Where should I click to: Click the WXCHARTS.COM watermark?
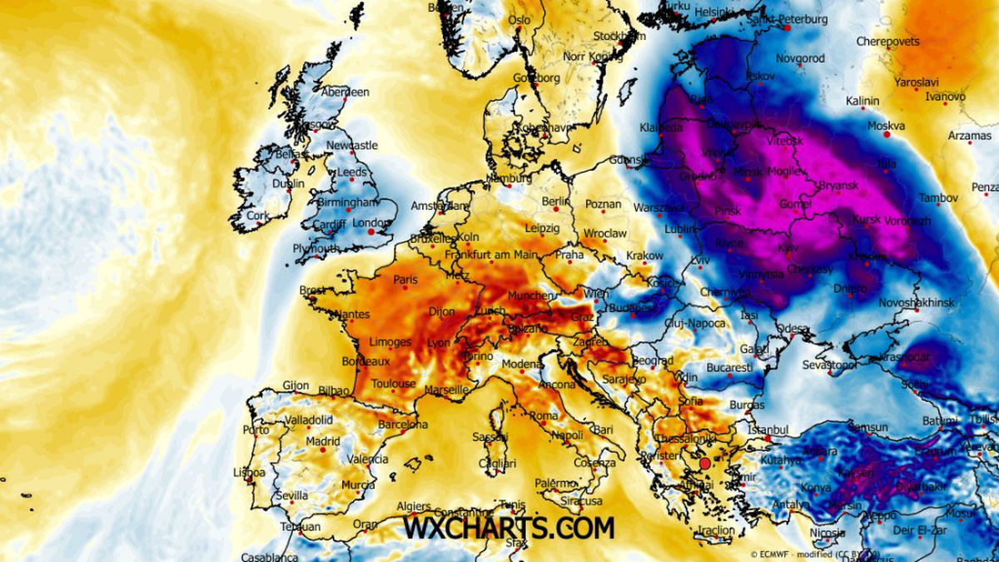point(509,527)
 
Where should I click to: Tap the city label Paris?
point(405,280)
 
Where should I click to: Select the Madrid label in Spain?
point(322,441)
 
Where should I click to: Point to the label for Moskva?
point(886,127)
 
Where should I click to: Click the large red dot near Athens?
point(705,463)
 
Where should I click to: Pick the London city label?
point(371,223)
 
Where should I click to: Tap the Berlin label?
point(555,201)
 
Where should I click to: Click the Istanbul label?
point(768,430)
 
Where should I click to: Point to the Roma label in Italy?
point(544,415)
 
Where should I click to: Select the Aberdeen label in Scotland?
point(345,92)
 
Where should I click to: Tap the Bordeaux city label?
point(365,362)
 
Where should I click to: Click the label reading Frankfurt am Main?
point(491,255)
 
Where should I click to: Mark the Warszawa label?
point(659,207)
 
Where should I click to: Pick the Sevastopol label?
point(829,366)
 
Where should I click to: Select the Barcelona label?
point(402,425)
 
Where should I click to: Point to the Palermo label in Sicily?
point(555,483)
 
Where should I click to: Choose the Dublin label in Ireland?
point(288,183)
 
